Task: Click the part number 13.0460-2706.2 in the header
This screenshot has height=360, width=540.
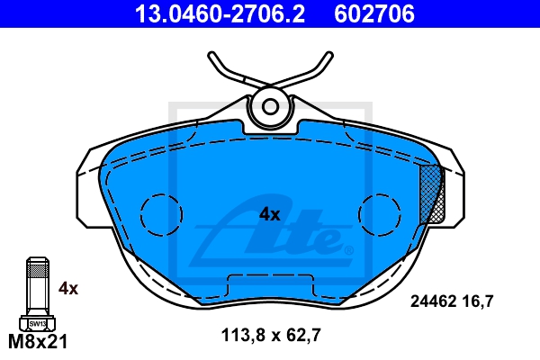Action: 220,13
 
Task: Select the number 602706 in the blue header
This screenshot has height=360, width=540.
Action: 374,13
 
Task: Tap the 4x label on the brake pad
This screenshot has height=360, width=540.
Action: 270,214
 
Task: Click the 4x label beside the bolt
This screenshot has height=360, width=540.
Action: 68,288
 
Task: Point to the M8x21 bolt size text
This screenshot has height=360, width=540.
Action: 38,342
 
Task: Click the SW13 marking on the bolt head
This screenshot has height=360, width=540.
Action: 38,324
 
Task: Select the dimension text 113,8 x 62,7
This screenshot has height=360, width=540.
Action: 271,335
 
